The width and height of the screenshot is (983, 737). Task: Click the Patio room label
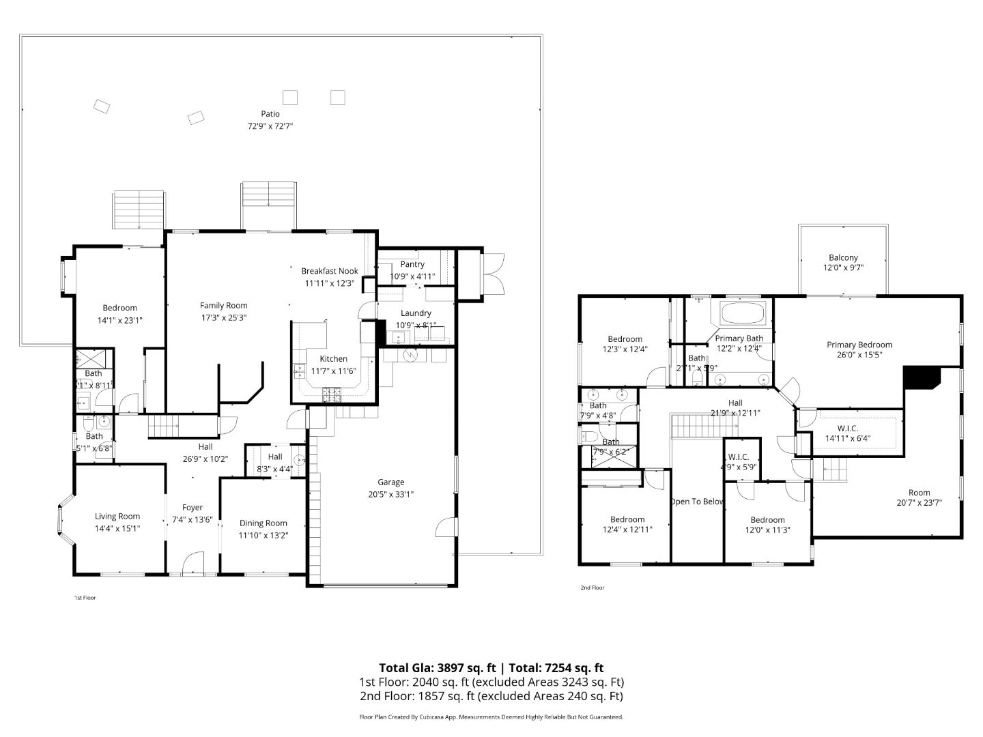click(x=270, y=114)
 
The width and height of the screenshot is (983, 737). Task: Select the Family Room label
click(x=223, y=306)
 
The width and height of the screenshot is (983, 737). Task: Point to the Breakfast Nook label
click(x=330, y=271)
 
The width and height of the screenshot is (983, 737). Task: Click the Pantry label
click(x=412, y=264)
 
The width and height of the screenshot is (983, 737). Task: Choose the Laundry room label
click(x=416, y=313)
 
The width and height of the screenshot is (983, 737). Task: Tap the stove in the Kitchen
click(x=332, y=393)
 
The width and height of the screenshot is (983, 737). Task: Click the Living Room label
click(x=117, y=517)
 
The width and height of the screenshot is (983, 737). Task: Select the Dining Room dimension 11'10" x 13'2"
click(x=263, y=536)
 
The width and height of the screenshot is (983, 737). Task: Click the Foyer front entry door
click(x=193, y=564)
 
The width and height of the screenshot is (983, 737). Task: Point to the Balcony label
click(x=843, y=257)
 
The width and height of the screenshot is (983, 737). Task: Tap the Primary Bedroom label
click(x=859, y=345)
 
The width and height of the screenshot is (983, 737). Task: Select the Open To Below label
click(x=696, y=502)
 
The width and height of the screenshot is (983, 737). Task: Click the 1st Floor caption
click(x=85, y=598)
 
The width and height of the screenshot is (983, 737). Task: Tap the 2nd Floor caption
click(x=593, y=588)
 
